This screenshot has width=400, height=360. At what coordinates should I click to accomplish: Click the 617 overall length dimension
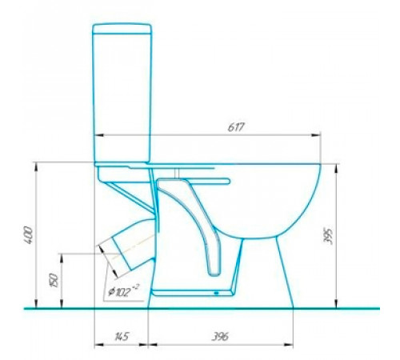[x=236, y=127]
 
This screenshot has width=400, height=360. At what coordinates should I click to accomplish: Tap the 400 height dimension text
[x=28, y=234]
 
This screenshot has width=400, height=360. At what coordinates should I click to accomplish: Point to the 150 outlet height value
[x=54, y=280]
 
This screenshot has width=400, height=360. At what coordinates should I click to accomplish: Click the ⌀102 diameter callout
[x=123, y=291]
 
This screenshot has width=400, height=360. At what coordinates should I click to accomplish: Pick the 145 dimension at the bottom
[x=122, y=336]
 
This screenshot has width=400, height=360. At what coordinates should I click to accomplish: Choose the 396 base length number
[x=220, y=336]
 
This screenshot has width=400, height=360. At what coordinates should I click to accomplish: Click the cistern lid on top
[x=122, y=29]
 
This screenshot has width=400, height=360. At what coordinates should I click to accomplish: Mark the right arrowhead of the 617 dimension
[x=316, y=135]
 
